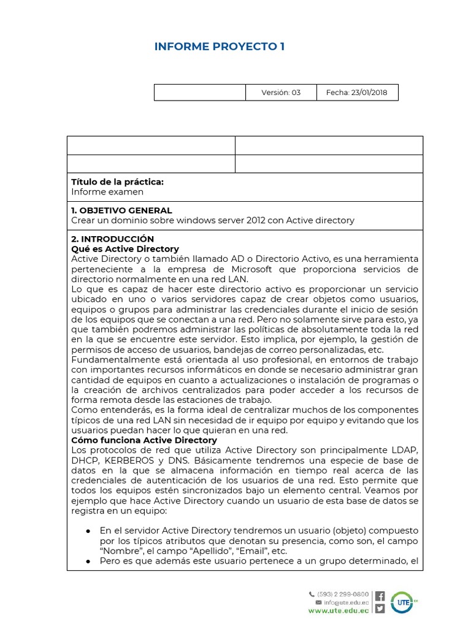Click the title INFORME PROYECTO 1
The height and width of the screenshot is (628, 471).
[x=219, y=47]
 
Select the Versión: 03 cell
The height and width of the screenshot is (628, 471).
[x=281, y=93]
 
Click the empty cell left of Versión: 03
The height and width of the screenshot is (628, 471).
[x=199, y=93]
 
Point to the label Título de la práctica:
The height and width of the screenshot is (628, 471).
[x=117, y=182]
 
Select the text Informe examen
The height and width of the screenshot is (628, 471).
[x=107, y=192]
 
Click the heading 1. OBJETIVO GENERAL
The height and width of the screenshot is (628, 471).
[x=121, y=210]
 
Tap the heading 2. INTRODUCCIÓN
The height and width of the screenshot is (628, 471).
[x=112, y=239]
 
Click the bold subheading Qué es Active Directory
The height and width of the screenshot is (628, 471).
[x=125, y=248]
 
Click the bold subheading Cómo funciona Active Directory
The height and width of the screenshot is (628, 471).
[x=144, y=440]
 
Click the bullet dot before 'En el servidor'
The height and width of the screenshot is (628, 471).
[x=89, y=530]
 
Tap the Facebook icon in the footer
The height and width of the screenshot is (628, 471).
[x=380, y=595]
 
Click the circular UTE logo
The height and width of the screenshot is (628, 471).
[x=402, y=602]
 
